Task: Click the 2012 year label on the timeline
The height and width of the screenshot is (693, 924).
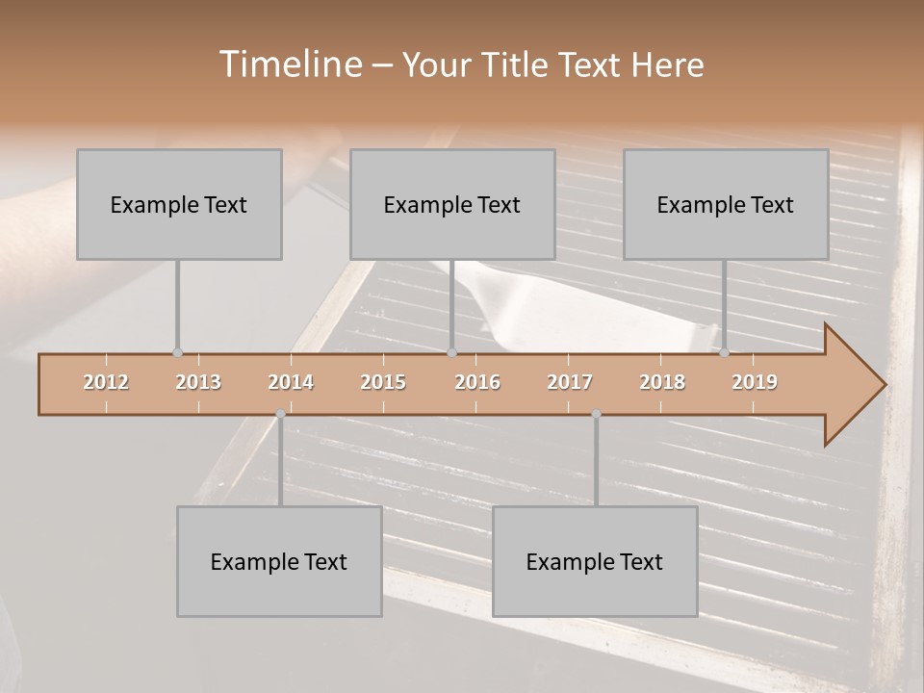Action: [106, 382]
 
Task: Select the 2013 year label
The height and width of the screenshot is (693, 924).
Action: [198, 382]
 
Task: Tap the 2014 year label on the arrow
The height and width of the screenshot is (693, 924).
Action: [291, 382]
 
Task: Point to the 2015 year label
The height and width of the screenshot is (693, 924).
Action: [383, 382]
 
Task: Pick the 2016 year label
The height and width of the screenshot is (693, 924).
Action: [477, 382]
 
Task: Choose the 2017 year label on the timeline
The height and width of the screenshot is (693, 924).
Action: [570, 382]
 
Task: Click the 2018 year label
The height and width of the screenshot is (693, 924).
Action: [662, 382]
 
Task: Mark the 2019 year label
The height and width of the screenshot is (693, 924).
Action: [755, 382]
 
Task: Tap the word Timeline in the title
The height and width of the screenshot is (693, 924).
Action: [290, 64]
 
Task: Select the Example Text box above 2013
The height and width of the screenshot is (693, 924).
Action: [179, 204]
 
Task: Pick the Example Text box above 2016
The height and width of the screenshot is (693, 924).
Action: [452, 204]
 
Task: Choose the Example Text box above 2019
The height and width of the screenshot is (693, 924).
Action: [726, 204]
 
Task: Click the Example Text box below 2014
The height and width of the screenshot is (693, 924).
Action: [279, 561]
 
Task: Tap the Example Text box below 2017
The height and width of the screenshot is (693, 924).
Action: [595, 561]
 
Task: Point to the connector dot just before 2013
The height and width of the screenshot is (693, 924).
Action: [177, 353]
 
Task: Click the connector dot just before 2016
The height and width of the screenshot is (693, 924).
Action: [451, 353]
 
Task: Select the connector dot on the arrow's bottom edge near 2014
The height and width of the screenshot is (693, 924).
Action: [280, 414]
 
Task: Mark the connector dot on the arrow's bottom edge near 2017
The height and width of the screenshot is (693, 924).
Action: [596, 414]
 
